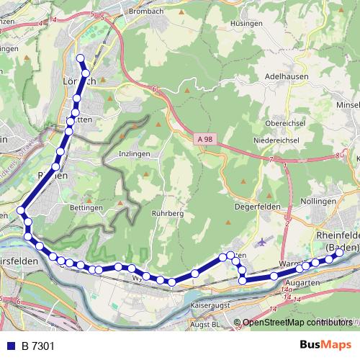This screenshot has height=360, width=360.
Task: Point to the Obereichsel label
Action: pos(287,122)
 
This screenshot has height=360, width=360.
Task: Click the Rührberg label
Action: pos(169,213)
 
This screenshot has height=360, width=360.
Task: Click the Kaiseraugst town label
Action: pos(212,305)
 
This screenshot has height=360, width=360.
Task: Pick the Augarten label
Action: pos(302,283)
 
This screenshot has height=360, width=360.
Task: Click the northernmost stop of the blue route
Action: pos(80,58)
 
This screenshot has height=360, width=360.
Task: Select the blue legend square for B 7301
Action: pos(11,346)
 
